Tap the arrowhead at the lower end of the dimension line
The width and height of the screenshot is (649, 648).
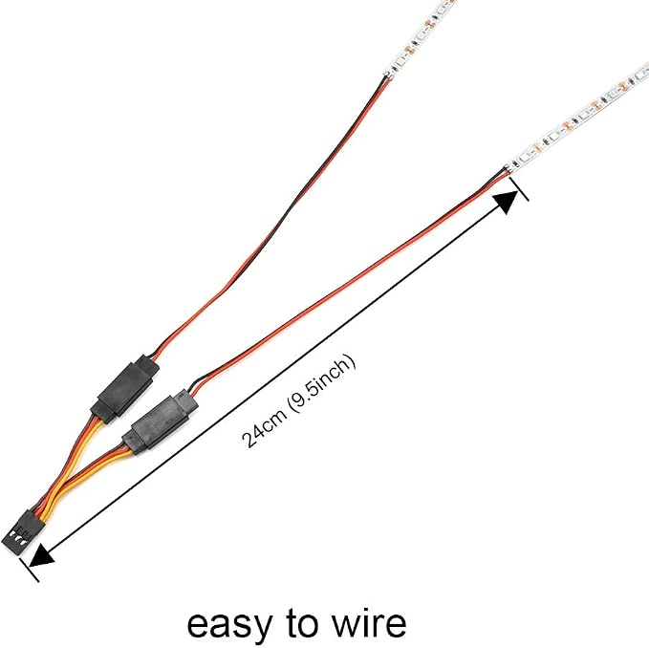click(x=42, y=554)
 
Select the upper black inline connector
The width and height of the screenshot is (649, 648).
click(x=124, y=388)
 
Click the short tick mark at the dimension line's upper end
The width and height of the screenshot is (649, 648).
click(x=518, y=189)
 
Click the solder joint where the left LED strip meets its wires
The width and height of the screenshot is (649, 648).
click(x=387, y=75)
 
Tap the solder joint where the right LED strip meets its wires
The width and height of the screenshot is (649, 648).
click(x=508, y=168)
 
